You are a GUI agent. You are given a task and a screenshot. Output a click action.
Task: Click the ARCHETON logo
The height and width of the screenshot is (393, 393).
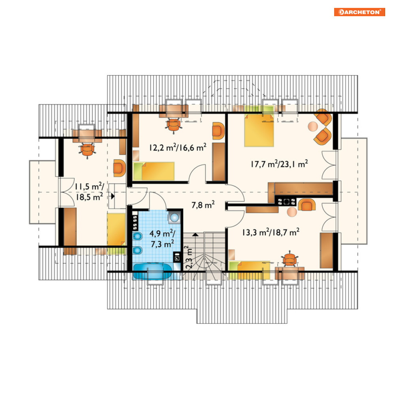tap(359, 12)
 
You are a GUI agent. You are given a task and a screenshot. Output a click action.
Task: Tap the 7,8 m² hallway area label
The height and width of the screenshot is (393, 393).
tap(203, 205)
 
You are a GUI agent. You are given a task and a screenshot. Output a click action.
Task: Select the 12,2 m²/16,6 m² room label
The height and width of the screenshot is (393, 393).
tap(178, 147)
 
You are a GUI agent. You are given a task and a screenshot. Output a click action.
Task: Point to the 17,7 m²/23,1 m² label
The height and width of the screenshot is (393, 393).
tap(279, 164)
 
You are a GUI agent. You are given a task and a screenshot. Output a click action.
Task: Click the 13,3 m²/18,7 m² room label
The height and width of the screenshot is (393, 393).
tap(271, 232)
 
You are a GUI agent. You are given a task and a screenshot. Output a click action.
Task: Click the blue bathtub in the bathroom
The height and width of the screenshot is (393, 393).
tap(152, 271)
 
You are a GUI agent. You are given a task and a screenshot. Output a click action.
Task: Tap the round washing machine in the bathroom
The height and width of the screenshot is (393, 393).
tap(174, 217)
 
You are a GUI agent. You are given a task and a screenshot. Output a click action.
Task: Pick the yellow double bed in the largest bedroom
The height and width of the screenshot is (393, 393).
tap(259, 130)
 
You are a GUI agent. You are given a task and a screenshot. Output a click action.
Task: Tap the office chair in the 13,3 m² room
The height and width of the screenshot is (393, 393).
tap(290, 259)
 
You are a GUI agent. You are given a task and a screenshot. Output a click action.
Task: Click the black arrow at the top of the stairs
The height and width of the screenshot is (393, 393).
tap(195, 235)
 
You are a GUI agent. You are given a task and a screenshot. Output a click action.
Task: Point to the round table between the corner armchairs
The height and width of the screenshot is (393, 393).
tap(313, 126)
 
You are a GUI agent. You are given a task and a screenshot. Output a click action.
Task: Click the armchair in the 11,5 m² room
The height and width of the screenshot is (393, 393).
tap(119, 168)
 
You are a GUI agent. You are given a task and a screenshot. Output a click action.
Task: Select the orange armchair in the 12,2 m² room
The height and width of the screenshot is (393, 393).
tap(218, 131)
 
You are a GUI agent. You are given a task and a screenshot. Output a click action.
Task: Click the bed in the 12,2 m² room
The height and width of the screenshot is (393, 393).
tap(154, 171)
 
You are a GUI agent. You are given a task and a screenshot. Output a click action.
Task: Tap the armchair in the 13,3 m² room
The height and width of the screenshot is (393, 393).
tap(307, 205)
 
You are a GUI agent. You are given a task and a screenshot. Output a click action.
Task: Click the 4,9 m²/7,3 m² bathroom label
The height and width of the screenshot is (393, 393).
tap(162, 239)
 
